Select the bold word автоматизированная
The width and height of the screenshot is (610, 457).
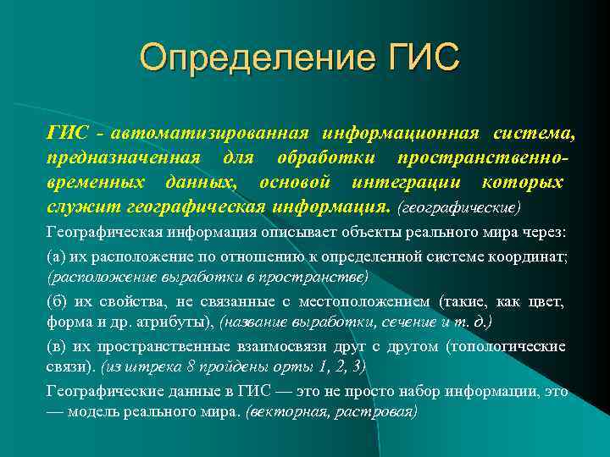point(211,133)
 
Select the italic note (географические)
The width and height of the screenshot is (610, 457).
point(458,207)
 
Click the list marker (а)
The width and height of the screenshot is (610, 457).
point(58,256)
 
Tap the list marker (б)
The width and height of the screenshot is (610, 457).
point(58,302)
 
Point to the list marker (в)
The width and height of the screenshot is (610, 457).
point(58,347)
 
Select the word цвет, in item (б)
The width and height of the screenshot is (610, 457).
point(545,302)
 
